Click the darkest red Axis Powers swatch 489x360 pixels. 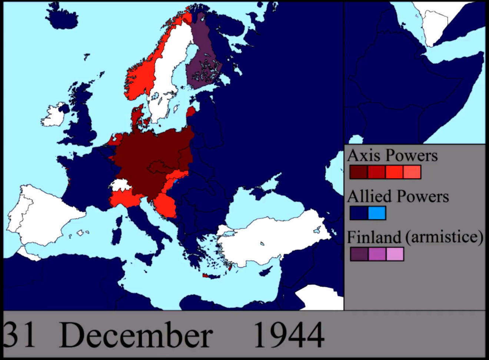click(x=358, y=172)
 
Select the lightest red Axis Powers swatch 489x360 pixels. click(x=412, y=172)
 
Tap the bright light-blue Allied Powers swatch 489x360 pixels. click(x=377, y=213)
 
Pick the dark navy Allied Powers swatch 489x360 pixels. click(x=359, y=213)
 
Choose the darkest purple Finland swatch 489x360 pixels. click(x=359, y=254)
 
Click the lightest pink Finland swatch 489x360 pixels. click(x=395, y=254)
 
